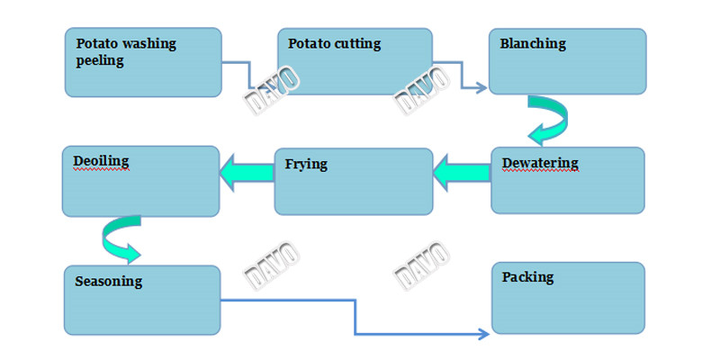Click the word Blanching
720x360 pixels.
pyautogui.click(x=533, y=43)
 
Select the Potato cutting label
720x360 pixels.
pyautogui.click(x=334, y=43)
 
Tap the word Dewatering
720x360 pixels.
pyautogui.click(x=540, y=163)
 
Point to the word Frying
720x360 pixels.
pyautogui.click(x=306, y=165)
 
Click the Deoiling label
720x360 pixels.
pyautogui.click(x=101, y=161)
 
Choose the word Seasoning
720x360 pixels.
pyautogui.click(x=109, y=282)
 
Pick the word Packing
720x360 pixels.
pyautogui.click(x=527, y=277)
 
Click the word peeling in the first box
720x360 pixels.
pyautogui.click(x=100, y=61)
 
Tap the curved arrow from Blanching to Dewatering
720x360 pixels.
pyautogui.click(x=548, y=121)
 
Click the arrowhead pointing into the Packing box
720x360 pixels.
pyautogui.click(x=483, y=334)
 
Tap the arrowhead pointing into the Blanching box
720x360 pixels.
pyautogui.click(x=481, y=88)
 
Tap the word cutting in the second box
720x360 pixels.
pyautogui.click(x=356, y=43)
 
